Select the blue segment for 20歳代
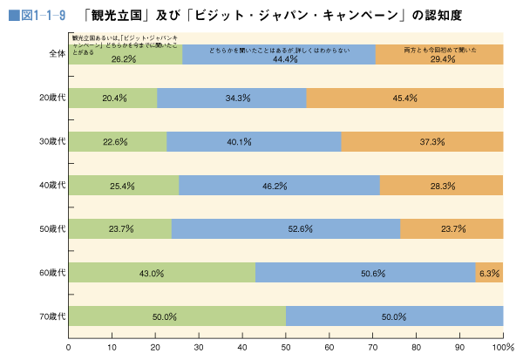tap(232, 98)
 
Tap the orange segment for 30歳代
tap(422, 141)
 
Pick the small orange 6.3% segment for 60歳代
tap(489, 272)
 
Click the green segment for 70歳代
tap(177, 316)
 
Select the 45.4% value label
tap(405, 98)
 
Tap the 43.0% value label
tap(152, 273)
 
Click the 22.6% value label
tap(115, 142)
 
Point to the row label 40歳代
tap(53, 185)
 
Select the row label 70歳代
tap(53, 316)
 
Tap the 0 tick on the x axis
tap(69, 347)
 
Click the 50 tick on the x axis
tap(286, 347)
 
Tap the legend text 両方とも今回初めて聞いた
tap(440, 51)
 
